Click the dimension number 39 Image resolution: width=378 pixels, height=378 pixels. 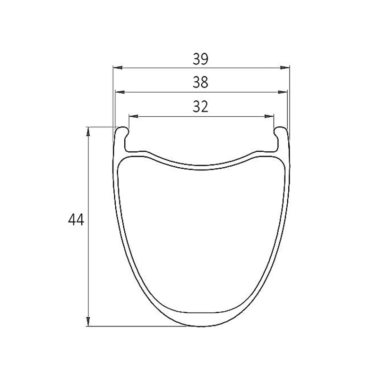(200, 59)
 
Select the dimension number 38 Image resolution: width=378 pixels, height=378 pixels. (200, 82)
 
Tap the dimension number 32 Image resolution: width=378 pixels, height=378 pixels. (200, 107)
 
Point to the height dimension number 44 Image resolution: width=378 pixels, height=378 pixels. (76, 220)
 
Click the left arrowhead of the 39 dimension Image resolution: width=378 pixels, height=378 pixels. (118, 68)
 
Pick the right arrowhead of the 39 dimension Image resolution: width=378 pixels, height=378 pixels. (284, 68)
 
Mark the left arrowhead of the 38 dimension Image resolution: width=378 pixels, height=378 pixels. (120, 92)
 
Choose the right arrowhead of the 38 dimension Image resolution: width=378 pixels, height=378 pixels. (283, 92)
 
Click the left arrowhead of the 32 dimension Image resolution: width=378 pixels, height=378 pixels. (134, 116)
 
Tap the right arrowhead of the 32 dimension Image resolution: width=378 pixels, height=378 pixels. (269, 116)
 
